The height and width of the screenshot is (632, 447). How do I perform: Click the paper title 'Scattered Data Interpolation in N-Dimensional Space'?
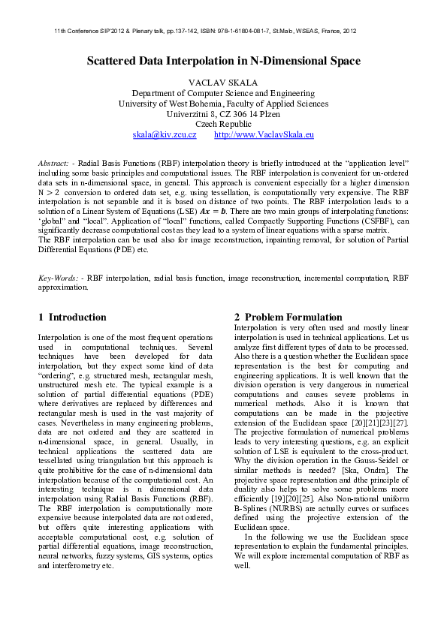[223, 61]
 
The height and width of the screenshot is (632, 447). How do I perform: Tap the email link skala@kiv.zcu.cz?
[165, 135]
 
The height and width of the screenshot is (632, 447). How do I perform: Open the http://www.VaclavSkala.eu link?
[264, 135]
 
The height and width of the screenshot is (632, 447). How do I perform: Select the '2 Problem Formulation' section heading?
[288, 317]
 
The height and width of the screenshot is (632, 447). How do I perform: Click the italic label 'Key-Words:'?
[58, 278]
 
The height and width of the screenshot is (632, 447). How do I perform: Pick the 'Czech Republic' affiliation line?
[223, 124]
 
